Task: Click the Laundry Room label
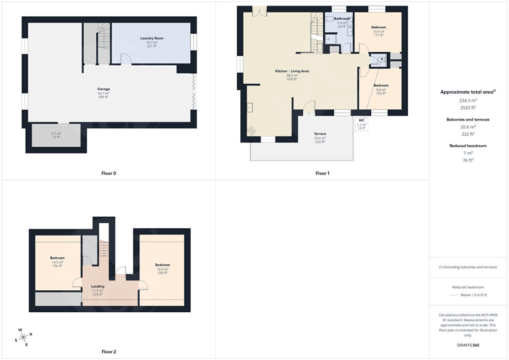point(152,38)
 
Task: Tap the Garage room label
point(104,89)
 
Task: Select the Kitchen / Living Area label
point(292,71)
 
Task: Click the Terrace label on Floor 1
point(320,134)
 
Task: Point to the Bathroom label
point(342,19)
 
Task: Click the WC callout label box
point(362,124)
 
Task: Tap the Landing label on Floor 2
point(97,286)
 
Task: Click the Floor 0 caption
point(108,173)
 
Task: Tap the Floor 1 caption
point(322,173)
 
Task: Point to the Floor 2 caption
point(108,351)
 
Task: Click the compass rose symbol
point(23,338)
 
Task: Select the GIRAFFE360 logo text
point(468,345)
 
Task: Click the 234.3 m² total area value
point(468,101)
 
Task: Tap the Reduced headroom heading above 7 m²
point(468,146)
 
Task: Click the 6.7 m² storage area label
point(56,135)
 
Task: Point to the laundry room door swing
point(126,59)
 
